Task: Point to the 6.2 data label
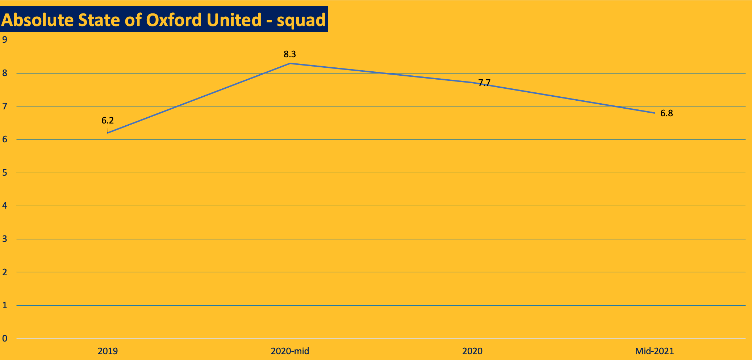tap(108, 121)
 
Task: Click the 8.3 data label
tap(290, 54)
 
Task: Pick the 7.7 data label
tap(484, 83)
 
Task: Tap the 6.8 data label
tap(667, 113)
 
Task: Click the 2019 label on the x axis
tap(108, 351)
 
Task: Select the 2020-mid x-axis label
tap(290, 351)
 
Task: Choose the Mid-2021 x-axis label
tap(655, 351)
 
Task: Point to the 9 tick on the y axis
tap(5, 40)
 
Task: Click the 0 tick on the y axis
tap(5, 339)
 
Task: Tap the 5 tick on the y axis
tap(5, 173)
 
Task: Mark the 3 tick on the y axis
tap(5, 239)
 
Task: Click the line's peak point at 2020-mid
tap(290, 63)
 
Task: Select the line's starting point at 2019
tap(108, 133)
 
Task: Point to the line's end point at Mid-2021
tap(655, 113)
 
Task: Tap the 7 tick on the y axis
tap(5, 106)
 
